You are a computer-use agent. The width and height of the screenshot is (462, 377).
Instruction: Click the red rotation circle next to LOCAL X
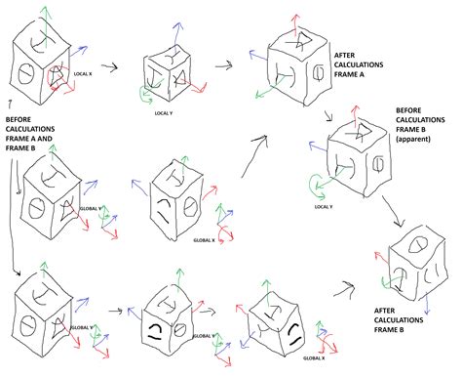pos(67,85)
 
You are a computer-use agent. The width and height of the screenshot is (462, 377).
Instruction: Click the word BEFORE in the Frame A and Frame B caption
pos(21,124)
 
